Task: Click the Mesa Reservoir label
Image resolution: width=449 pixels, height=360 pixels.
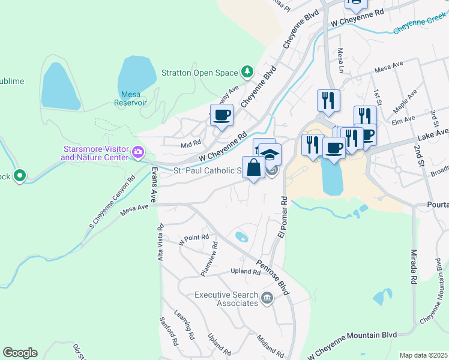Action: pyautogui.click(x=131, y=98)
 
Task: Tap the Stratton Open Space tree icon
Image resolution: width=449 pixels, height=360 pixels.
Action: pyautogui.click(x=247, y=73)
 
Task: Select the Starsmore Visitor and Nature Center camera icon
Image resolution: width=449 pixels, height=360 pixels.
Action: pyautogui.click(x=139, y=152)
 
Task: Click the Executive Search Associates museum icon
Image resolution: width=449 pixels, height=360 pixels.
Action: pyautogui.click(x=268, y=296)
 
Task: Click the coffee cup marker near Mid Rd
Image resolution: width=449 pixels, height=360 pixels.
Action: pyautogui.click(x=221, y=115)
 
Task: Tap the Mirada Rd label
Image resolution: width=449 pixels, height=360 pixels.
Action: pyautogui.click(x=414, y=266)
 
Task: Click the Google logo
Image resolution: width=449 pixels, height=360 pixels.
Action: pyautogui.click(x=20, y=353)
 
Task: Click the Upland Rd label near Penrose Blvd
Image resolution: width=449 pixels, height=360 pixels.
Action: pyautogui.click(x=246, y=272)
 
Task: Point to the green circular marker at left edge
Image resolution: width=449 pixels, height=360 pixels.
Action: pyautogui.click(x=20, y=176)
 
